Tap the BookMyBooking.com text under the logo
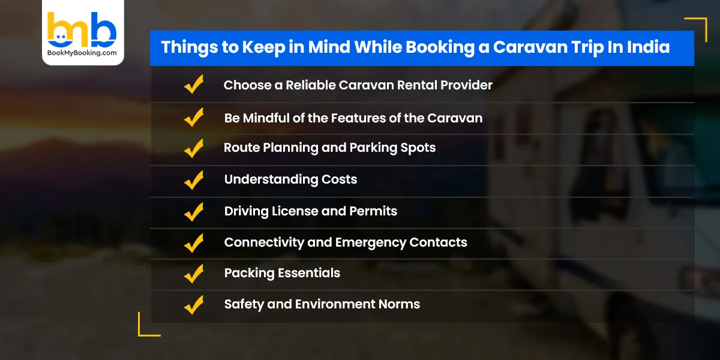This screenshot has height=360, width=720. (x=82, y=53)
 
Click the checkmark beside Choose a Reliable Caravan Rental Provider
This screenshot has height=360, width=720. (x=194, y=85)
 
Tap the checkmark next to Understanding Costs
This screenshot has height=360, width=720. (x=194, y=179)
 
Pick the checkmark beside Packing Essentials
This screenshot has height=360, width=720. (x=194, y=273)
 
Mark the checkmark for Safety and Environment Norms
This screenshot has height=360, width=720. (x=194, y=304)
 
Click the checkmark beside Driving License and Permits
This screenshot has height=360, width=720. (x=194, y=211)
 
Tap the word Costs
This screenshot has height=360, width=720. (x=339, y=179)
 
